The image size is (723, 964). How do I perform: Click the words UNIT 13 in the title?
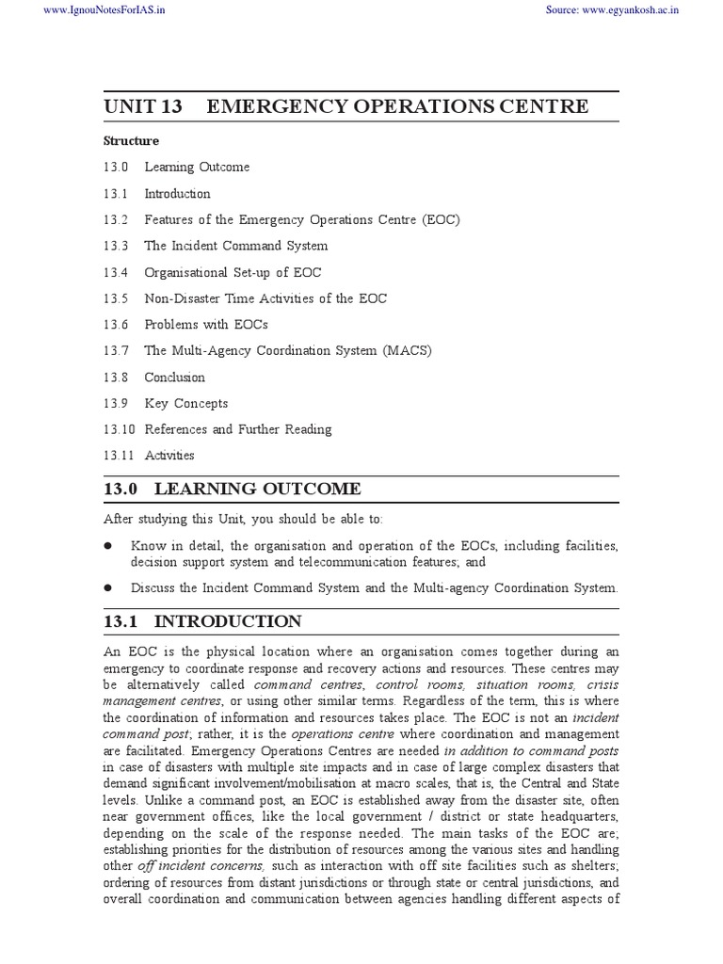coord(143,106)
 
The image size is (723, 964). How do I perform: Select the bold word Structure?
coord(131,141)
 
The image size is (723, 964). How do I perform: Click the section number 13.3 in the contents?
coord(115,246)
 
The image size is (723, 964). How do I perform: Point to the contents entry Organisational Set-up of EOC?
coord(233,272)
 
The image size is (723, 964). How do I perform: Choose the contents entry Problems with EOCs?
coord(205,325)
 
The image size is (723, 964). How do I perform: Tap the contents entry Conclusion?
coord(174,378)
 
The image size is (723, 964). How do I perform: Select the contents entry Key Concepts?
coord(185,403)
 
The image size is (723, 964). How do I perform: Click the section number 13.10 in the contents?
coord(119,429)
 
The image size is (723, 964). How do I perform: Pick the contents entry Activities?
coord(169,456)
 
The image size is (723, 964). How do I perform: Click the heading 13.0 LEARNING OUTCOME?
coord(232,489)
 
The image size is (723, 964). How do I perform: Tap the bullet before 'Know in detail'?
coord(109,546)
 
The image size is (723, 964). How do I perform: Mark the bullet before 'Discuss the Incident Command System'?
coord(109,588)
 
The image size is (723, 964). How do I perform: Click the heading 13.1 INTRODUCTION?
coord(202,621)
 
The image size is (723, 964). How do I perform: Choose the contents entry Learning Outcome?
coord(197,168)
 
